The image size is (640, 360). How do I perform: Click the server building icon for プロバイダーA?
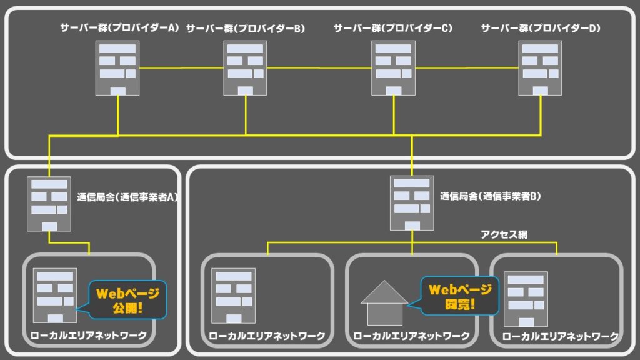tap(117, 68)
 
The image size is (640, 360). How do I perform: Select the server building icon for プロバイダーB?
tap(246, 68)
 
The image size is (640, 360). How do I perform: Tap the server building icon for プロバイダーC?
tap(393, 68)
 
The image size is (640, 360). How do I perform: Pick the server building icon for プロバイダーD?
tap(540, 68)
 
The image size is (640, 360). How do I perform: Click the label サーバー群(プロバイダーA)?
tap(119, 28)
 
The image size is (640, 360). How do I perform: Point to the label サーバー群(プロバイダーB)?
tap(246, 28)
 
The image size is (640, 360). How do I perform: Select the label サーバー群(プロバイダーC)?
tap(393, 28)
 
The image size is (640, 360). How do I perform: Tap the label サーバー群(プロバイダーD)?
tap(540, 28)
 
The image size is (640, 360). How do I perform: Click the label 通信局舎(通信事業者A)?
tap(128, 197)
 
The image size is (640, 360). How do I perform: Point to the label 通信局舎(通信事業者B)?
tap(491, 196)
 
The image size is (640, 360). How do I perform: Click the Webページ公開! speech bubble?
tap(127, 299)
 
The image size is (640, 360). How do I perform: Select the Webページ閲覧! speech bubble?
tap(460, 296)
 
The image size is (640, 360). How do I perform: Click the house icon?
tap(384, 303)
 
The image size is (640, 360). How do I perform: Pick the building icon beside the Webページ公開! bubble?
tap(56, 296)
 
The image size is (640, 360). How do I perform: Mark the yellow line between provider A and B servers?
tap(182, 67)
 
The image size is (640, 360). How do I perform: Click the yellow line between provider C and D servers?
tap(467, 67)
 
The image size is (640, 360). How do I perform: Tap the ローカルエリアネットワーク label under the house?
tap(412, 336)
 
